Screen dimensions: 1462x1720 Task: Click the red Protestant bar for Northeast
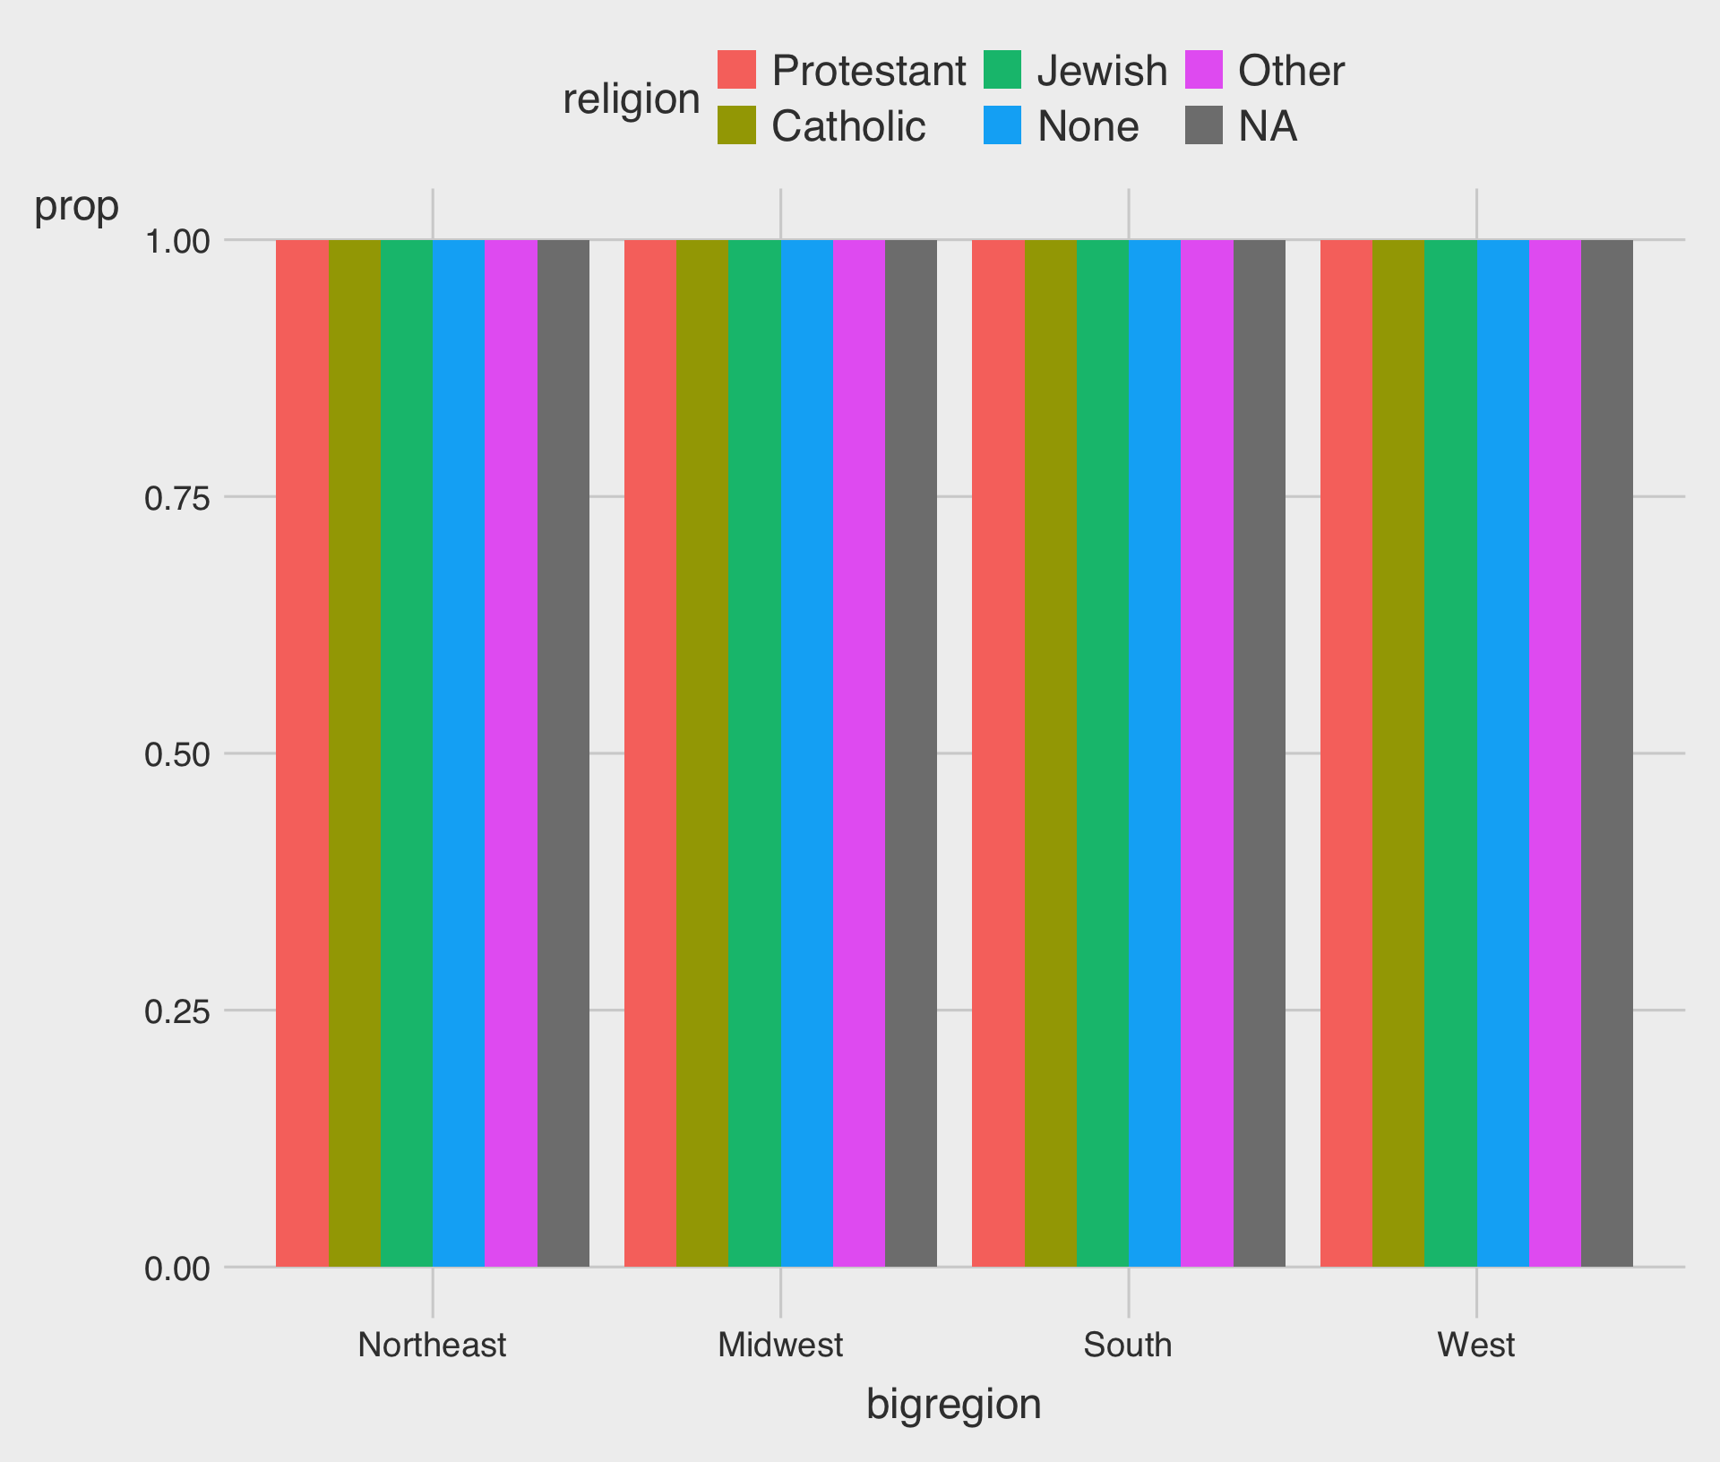click(302, 752)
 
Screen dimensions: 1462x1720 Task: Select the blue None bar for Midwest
click(806, 752)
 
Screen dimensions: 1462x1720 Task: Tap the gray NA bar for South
click(1259, 752)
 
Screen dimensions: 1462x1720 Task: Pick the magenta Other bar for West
click(1555, 752)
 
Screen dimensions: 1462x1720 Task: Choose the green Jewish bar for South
click(1102, 752)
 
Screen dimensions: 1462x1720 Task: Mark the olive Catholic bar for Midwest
click(702, 752)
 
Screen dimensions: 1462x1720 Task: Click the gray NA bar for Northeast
click(563, 752)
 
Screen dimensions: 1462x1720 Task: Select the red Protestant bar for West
click(1346, 752)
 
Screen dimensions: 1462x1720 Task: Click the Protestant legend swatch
click(736, 70)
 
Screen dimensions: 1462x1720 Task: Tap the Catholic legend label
click(847, 126)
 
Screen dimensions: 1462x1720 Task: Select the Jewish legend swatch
click(1002, 70)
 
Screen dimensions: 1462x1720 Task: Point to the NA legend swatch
click(1203, 125)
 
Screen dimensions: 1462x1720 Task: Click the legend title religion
click(631, 99)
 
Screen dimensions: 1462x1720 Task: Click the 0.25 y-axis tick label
click(177, 1011)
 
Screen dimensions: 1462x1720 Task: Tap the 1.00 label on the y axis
click(177, 241)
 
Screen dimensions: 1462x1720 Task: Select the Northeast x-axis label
click(432, 1345)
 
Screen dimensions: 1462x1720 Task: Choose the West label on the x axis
click(1475, 1345)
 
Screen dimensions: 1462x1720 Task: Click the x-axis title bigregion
click(953, 1405)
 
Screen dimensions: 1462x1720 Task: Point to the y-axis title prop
click(76, 207)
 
